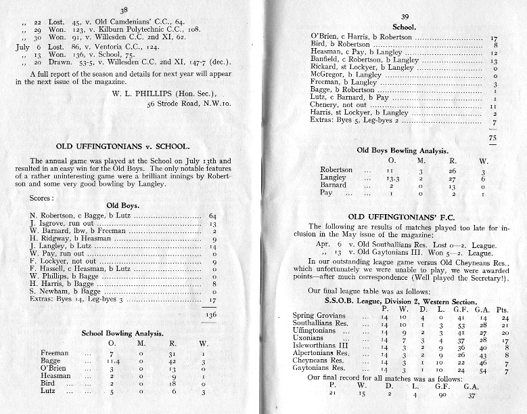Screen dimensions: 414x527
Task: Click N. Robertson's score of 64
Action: coord(212,215)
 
